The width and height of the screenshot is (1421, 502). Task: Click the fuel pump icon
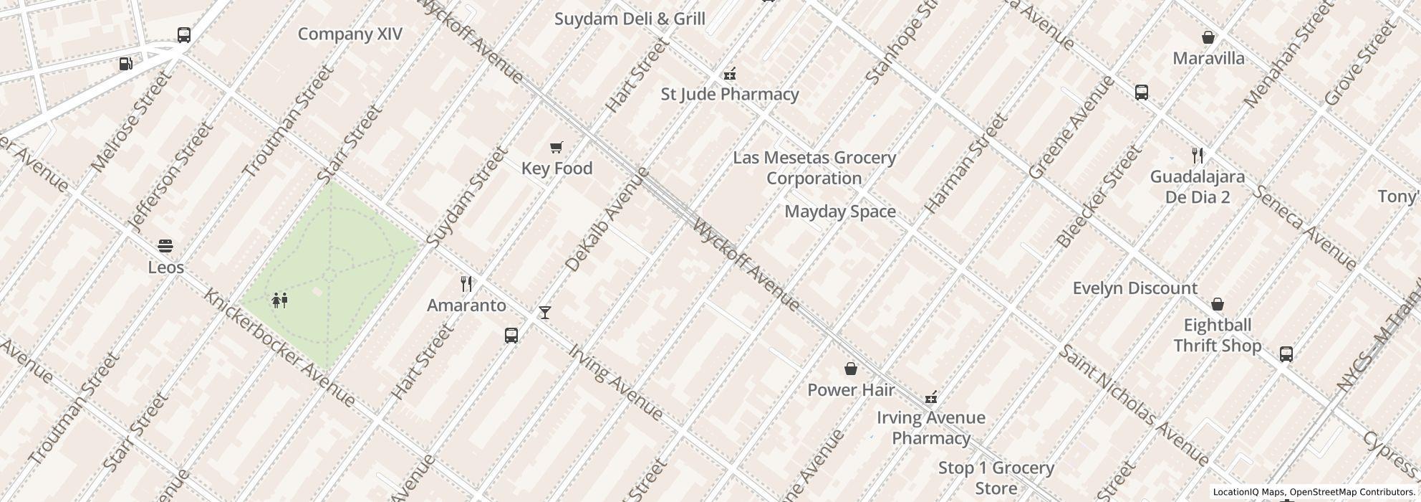point(126,64)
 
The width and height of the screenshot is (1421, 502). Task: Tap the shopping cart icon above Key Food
point(556,148)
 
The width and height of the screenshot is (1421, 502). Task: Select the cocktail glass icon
point(545,313)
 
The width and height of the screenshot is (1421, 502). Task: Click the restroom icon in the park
point(280,300)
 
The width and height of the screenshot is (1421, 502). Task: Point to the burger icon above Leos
point(165,247)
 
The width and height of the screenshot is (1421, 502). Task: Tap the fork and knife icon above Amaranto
point(466,284)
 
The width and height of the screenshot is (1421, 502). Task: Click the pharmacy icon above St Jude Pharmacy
point(729,73)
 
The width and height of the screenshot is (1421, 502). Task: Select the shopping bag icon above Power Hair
point(851,369)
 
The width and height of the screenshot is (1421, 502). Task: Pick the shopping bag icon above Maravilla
point(1208,37)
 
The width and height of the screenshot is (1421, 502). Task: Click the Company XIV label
point(350,34)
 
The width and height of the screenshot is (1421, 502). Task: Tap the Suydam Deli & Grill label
point(630,19)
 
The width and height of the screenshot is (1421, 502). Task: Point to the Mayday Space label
point(840,212)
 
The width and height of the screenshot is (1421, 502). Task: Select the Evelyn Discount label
point(1135,288)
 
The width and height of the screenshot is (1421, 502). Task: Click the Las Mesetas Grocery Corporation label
point(814,168)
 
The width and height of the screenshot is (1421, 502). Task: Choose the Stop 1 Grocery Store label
point(996,478)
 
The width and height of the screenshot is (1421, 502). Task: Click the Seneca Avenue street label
point(1304,227)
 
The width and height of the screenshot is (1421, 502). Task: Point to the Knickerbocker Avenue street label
point(279,347)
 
